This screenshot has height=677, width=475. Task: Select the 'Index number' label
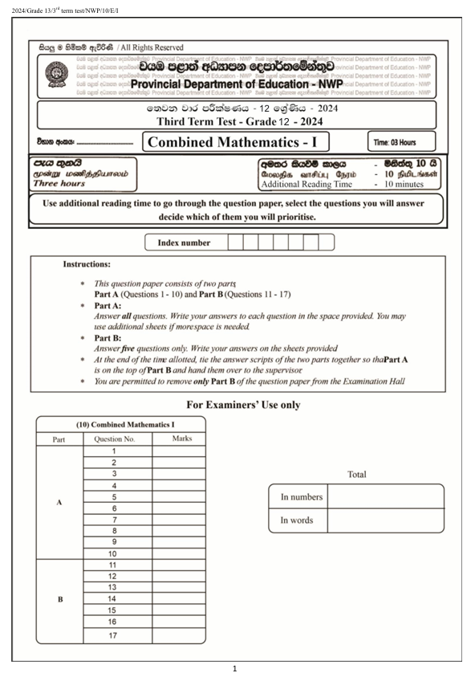pos(185,242)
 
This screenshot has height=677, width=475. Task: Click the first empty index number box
pos(236,242)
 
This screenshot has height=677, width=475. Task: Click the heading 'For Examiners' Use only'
pos(243,405)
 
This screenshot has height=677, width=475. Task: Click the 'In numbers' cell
pos(298,497)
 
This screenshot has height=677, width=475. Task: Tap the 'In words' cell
pos(297,520)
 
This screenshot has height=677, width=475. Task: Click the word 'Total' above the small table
pos(356,475)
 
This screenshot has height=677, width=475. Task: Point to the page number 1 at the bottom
pos(234,668)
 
